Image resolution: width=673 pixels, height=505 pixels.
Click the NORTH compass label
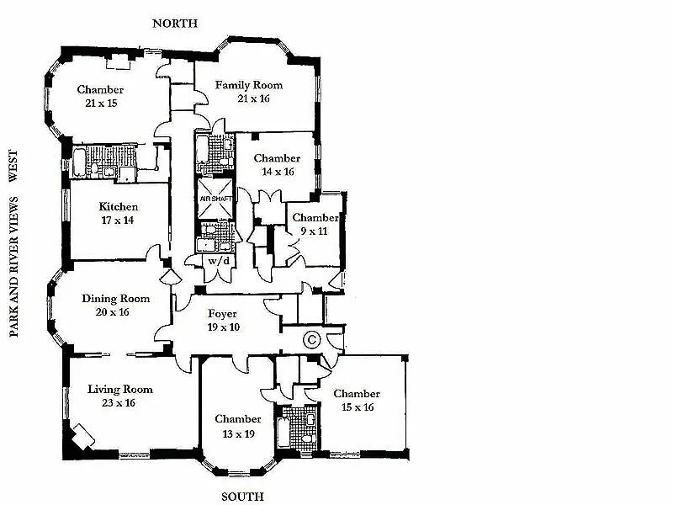[175, 24]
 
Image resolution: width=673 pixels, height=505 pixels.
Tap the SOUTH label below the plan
[242, 497]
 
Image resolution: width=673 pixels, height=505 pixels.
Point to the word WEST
[13, 165]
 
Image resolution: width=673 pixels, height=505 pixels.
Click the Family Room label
[249, 85]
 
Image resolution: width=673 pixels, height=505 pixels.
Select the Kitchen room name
[119, 206]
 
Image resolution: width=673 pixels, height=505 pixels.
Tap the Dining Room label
[116, 299]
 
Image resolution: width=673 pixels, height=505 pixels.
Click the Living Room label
[120, 390]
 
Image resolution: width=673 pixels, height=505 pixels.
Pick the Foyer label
[222, 314]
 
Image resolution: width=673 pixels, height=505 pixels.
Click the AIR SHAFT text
[216, 199]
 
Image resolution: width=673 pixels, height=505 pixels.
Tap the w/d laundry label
[219, 261]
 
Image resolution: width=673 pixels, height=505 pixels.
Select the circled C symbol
[311, 340]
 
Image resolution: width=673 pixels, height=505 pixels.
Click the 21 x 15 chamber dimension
[101, 103]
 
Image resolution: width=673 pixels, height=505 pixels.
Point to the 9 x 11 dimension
[314, 231]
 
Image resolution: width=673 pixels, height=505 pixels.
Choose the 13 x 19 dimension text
[238, 434]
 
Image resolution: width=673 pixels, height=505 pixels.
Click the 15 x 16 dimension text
[358, 407]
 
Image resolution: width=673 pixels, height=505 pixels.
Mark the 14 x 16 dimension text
[278, 172]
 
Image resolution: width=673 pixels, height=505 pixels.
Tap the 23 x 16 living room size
[119, 403]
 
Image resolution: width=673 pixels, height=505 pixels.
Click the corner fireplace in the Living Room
[82, 437]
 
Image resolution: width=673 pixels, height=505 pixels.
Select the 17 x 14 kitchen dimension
[118, 221]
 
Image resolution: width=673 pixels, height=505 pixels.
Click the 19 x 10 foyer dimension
[224, 327]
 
